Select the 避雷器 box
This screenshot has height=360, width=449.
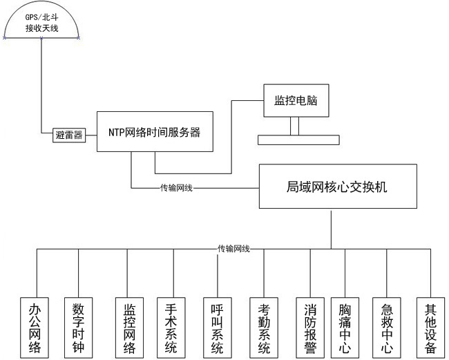point(68,135)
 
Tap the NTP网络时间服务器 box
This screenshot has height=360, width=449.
point(153,132)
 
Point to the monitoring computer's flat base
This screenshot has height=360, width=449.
point(298,140)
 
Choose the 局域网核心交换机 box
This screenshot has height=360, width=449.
point(338,186)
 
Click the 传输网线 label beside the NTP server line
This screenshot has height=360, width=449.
point(176,187)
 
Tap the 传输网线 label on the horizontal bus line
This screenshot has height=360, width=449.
point(233,248)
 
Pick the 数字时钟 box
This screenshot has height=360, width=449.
point(78,328)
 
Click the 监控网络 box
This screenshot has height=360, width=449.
point(129,328)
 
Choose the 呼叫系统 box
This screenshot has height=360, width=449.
point(217,328)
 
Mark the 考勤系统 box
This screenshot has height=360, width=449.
point(264,328)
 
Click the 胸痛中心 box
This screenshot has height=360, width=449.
point(345,328)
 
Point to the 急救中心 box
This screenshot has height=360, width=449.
point(387,328)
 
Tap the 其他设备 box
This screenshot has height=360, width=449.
point(430,328)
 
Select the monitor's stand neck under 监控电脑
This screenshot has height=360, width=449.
point(295,126)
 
